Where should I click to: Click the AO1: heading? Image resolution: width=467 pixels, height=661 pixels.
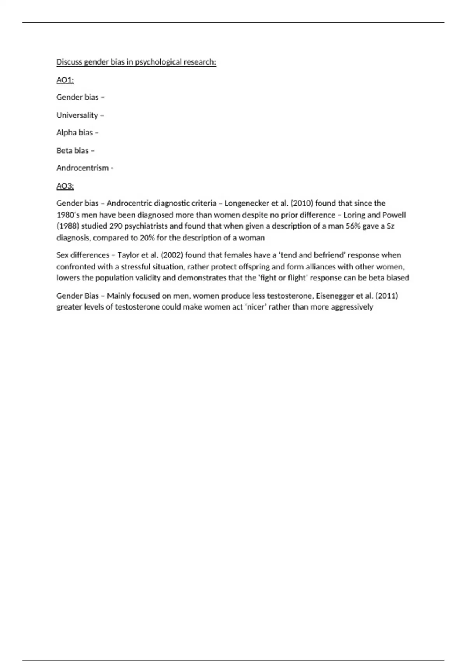pyautogui.click(x=65, y=80)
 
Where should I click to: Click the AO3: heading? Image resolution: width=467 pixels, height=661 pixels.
pyautogui.click(x=65, y=186)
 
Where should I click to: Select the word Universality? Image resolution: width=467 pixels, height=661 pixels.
pyautogui.click(x=77, y=115)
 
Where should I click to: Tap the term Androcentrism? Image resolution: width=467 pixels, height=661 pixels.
pyautogui.click(x=83, y=168)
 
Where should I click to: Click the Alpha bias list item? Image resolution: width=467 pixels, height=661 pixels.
pyautogui.click(x=75, y=133)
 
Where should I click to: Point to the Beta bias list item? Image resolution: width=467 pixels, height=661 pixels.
pyautogui.click(x=73, y=150)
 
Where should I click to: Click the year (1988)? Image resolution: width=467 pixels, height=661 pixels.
pyautogui.click(x=68, y=226)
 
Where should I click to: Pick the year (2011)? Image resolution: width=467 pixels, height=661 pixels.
pyautogui.click(x=386, y=296)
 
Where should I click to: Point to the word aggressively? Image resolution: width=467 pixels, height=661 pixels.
pyautogui.click(x=352, y=307)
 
